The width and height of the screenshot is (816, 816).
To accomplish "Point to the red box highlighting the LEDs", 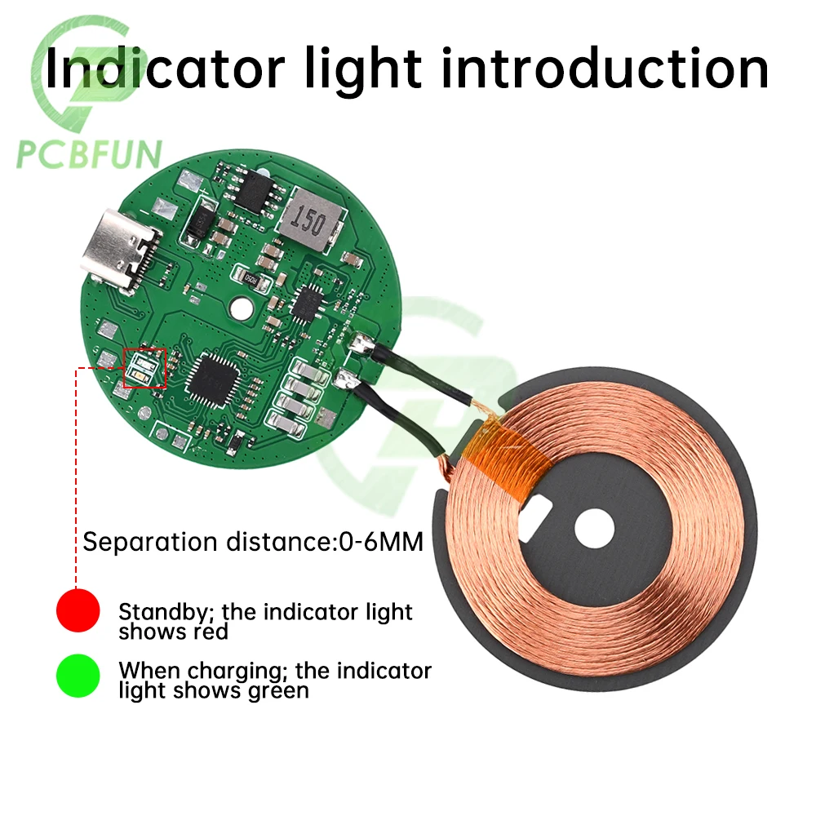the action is (x=144, y=368).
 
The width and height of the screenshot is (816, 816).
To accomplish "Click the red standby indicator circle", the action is (x=78, y=610).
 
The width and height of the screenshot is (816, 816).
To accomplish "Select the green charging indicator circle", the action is (x=78, y=675).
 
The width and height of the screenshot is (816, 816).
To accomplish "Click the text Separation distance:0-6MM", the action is (x=253, y=542).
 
